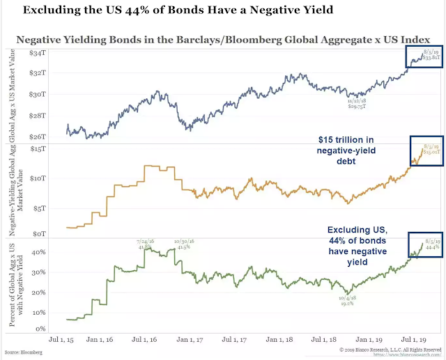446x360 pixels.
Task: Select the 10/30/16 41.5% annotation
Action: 184,244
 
